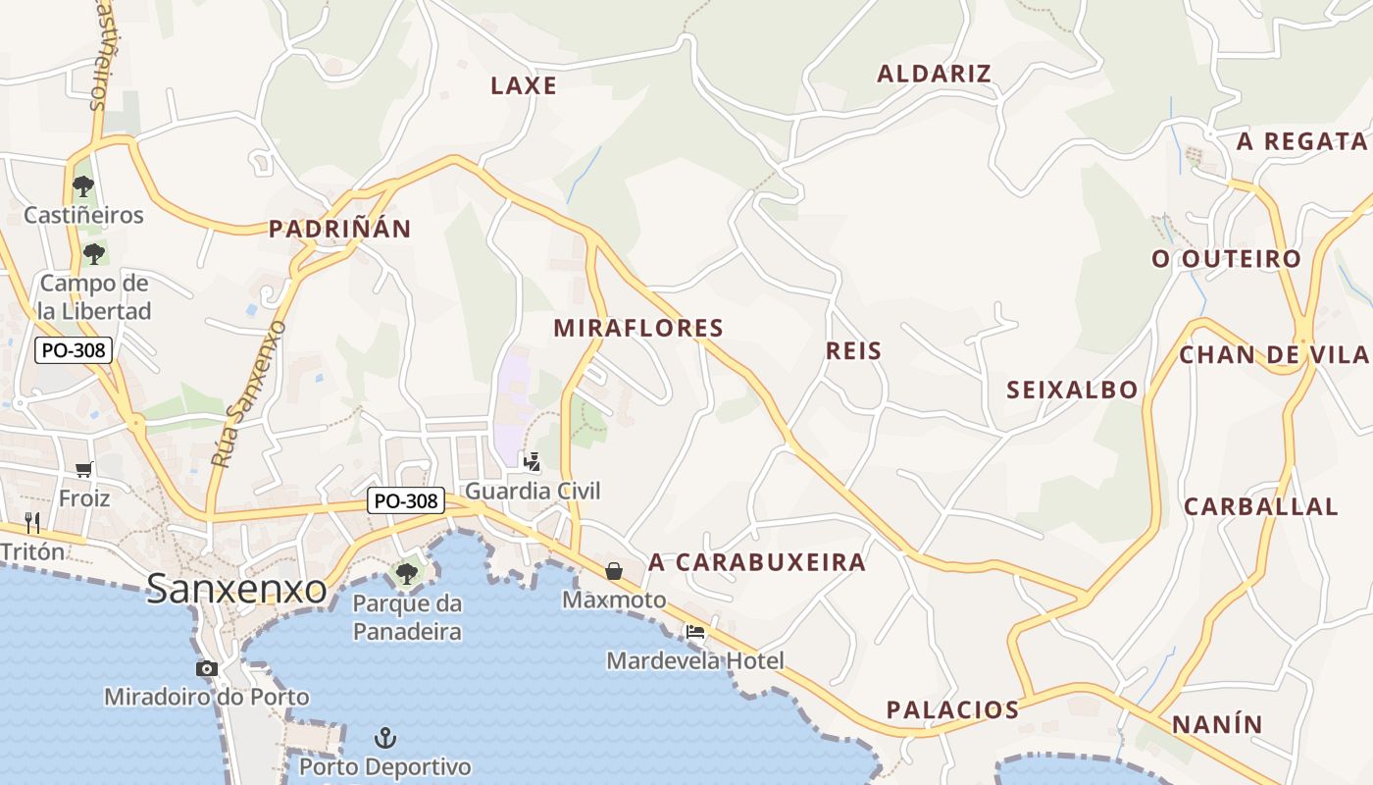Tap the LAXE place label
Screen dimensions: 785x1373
click(x=524, y=85)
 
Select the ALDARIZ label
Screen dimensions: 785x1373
click(x=934, y=74)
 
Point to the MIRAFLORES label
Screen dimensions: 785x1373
click(x=638, y=328)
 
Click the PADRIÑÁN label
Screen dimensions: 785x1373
click(x=340, y=230)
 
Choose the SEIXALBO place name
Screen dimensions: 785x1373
click(x=1072, y=390)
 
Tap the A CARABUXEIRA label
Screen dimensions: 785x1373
click(x=757, y=562)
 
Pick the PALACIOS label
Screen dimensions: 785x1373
click(x=952, y=709)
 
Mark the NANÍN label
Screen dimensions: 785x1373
click(x=1217, y=725)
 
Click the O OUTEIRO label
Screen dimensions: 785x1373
click(x=1226, y=259)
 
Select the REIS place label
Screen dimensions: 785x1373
click(x=853, y=350)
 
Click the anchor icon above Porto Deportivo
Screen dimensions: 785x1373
click(x=385, y=737)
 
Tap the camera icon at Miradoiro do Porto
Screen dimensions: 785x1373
click(x=206, y=668)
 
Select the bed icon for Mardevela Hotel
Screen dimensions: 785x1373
click(x=695, y=632)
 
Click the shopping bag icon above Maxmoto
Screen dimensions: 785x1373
click(x=614, y=570)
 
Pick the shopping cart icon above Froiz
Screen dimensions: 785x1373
click(x=83, y=470)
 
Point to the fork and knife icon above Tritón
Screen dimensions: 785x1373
click(x=32, y=522)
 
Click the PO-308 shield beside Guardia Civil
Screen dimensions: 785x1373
click(x=406, y=500)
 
